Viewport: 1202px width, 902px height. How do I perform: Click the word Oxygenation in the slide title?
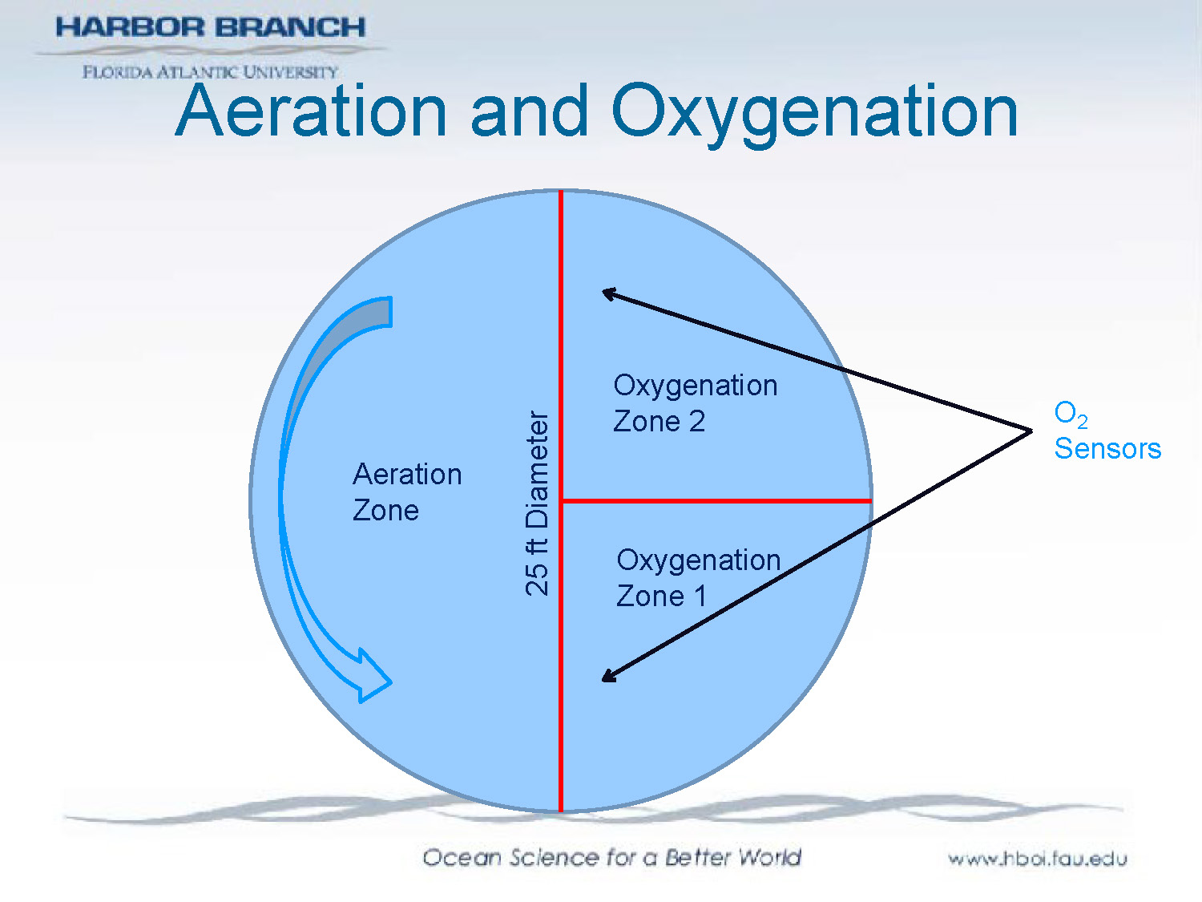tap(813, 112)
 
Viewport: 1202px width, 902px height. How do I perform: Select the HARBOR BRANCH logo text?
tap(210, 27)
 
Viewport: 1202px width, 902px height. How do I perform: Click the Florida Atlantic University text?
tap(210, 72)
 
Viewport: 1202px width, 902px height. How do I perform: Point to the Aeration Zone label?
tap(406, 491)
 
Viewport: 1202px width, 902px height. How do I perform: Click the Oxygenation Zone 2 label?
tap(694, 402)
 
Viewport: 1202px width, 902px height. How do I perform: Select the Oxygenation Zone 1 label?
tap(697, 577)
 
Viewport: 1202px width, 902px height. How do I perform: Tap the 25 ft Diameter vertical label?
tap(538, 504)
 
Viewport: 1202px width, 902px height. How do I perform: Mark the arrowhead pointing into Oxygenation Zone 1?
tap(609, 677)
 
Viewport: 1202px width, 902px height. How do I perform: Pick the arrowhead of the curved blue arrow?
tap(373, 678)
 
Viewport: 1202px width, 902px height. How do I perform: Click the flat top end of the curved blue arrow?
tap(389, 312)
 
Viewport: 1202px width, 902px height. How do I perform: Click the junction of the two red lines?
tap(561, 501)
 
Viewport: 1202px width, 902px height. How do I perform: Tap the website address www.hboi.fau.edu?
tap(1037, 859)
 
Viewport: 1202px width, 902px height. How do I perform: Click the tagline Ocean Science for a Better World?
tap(611, 857)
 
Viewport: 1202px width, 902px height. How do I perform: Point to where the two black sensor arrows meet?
tap(1031, 431)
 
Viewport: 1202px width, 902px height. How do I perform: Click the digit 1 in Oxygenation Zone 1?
tap(700, 596)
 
